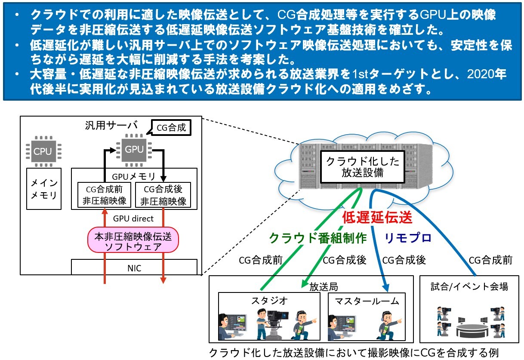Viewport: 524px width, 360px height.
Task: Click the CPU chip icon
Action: [43, 151]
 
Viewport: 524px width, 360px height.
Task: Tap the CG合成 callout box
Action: [171, 127]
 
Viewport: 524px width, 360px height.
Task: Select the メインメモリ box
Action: [44, 188]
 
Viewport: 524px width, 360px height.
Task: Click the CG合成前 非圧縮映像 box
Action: [104, 195]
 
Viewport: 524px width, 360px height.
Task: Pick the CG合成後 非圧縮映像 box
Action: [163, 195]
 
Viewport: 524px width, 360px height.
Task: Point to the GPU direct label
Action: [133, 218]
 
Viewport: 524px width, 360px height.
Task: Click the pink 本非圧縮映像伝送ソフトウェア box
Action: [133, 240]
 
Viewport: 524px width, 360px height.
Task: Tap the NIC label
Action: [134, 268]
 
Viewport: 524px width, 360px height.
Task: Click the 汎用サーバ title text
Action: [111, 126]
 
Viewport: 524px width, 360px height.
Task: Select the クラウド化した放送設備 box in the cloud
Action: [362, 167]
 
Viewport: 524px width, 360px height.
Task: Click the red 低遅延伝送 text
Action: [377, 217]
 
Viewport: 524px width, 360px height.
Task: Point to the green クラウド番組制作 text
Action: [318, 238]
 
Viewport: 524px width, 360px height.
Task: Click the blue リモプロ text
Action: [408, 238]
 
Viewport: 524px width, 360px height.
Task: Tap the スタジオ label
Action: [269, 301]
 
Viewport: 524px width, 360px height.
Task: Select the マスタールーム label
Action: [367, 301]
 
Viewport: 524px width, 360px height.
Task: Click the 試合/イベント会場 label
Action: [469, 286]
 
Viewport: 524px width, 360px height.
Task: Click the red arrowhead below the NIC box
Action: [163, 280]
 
